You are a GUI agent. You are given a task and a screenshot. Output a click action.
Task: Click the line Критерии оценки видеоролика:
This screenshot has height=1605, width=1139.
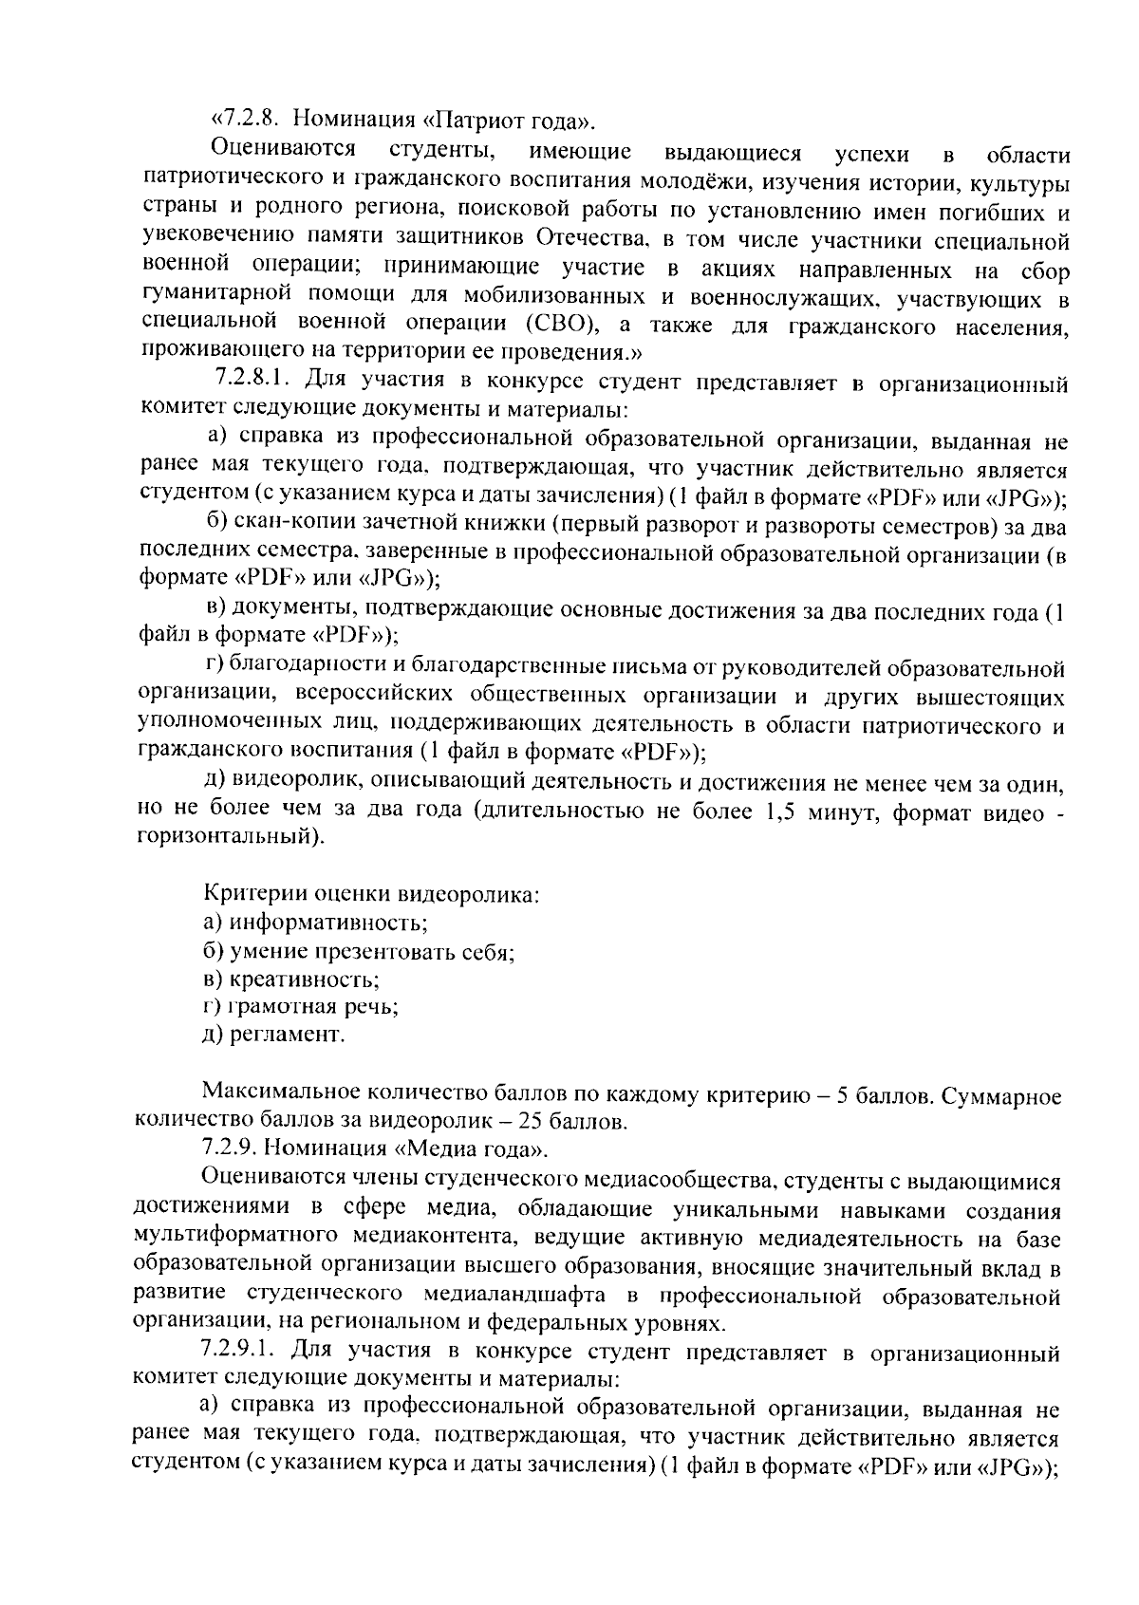click(371, 894)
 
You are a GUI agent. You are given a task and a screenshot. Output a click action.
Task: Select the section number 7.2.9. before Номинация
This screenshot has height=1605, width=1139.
click(230, 1149)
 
